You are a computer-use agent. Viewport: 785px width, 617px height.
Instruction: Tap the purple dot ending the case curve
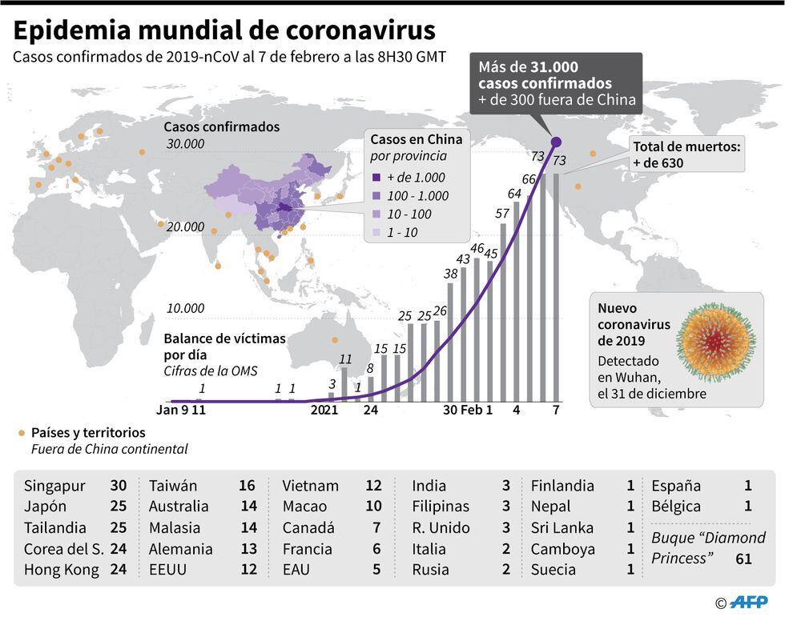click(x=556, y=142)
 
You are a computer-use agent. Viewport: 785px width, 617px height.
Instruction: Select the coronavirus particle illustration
click(x=715, y=341)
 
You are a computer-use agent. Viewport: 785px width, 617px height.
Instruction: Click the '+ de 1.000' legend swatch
click(x=376, y=178)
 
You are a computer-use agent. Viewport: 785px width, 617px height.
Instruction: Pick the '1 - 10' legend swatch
click(x=376, y=233)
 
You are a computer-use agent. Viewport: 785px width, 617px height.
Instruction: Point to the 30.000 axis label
click(x=185, y=145)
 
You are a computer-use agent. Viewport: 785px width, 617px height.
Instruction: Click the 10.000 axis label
click(x=185, y=308)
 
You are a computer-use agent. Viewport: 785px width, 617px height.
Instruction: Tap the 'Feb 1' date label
click(x=477, y=410)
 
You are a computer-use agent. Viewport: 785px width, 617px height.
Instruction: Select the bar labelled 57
click(x=503, y=312)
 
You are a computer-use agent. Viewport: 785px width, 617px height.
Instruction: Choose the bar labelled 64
click(x=516, y=302)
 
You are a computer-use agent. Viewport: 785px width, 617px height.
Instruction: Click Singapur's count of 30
click(x=119, y=486)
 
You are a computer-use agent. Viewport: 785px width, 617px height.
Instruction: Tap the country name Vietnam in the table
click(x=310, y=486)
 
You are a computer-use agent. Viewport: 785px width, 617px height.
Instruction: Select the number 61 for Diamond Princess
click(x=743, y=559)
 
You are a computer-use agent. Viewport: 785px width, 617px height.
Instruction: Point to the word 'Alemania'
click(x=180, y=549)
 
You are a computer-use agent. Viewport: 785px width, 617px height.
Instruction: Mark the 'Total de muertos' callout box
click(x=687, y=154)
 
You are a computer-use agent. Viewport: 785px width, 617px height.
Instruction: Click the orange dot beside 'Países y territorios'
click(x=21, y=433)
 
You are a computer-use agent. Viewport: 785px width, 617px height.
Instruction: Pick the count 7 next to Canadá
click(x=376, y=528)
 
